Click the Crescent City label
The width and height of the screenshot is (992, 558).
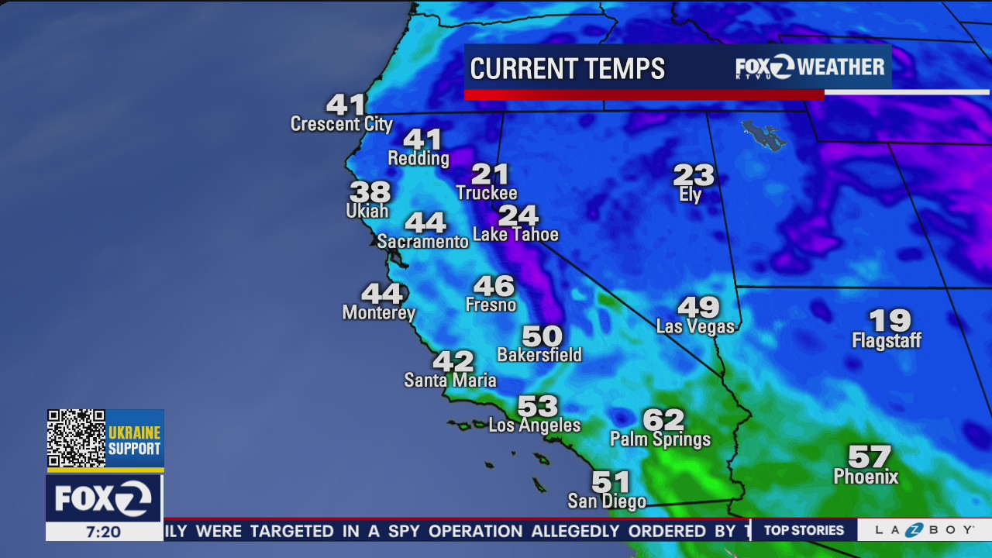pos(341,124)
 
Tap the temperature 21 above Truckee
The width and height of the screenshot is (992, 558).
pos(490,174)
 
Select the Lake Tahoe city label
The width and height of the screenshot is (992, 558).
pos(515,234)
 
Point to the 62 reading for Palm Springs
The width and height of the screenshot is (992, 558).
pos(663,420)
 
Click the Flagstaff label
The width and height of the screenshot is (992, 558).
pos(887,341)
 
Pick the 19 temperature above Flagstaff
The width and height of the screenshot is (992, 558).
pos(890,320)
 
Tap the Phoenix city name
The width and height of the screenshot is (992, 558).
pos(866,477)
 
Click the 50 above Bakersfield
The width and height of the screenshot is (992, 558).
pos(542,336)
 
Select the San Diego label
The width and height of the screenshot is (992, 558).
pos(607,501)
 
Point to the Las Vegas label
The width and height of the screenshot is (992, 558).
pos(695,326)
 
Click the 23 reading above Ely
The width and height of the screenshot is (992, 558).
pos(693,174)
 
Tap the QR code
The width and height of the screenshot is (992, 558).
pos(76,439)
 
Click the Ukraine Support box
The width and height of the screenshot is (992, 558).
pos(134,440)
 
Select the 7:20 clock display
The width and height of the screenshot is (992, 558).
pos(103,532)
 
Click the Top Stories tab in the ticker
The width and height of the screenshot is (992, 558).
pos(804,530)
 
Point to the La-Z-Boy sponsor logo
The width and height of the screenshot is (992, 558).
pos(924,530)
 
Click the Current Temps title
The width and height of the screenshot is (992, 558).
pos(567,69)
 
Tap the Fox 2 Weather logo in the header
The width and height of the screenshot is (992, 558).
pos(810,67)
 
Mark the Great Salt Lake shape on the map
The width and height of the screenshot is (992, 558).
pos(763,134)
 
